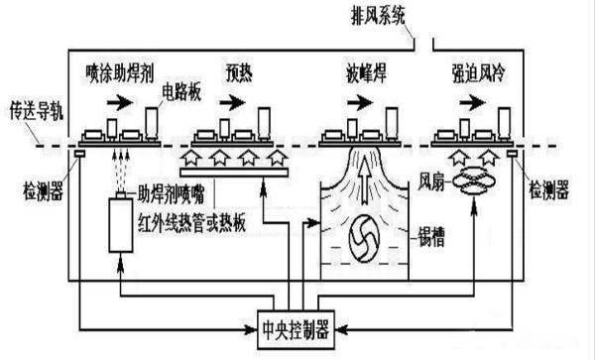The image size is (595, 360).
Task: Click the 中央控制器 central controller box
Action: (x=296, y=329)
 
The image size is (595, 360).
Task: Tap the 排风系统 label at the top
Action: (x=379, y=16)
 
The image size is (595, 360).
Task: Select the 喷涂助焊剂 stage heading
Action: (x=120, y=73)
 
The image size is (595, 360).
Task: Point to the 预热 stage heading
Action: (x=239, y=73)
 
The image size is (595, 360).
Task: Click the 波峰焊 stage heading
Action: (x=366, y=73)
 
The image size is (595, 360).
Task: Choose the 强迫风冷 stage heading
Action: (x=479, y=72)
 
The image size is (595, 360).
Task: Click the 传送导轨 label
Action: (x=36, y=111)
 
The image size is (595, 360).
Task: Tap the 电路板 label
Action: (x=181, y=92)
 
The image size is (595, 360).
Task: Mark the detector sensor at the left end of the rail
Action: (x=79, y=154)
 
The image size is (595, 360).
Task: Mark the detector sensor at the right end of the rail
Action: (x=513, y=154)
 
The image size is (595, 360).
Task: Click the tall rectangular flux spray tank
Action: (x=121, y=225)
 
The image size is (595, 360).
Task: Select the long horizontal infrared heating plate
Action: (x=234, y=173)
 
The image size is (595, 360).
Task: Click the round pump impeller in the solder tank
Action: (x=364, y=238)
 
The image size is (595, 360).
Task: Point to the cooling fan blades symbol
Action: (x=473, y=182)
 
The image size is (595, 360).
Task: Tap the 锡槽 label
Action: (x=430, y=237)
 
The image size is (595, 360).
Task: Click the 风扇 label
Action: (x=431, y=182)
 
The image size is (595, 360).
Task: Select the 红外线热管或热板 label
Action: (x=191, y=223)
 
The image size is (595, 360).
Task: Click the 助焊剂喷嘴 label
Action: (x=171, y=194)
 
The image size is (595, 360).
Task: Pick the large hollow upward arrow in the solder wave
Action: (x=365, y=180)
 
